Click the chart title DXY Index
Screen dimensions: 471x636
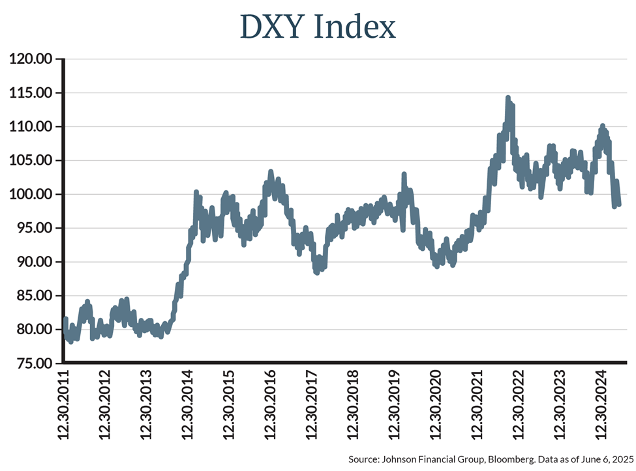tap(318, 27)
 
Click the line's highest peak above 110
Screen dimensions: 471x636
tap(507, 99)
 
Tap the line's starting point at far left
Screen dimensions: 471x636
tap(65, 320)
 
